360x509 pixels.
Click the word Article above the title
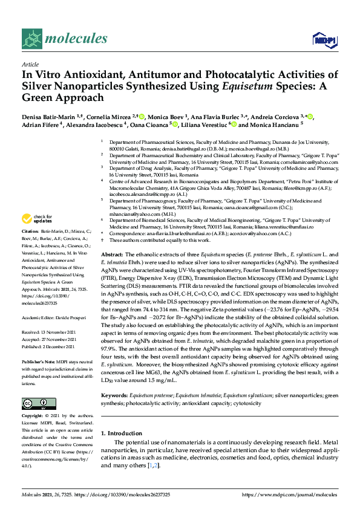pos(30,64)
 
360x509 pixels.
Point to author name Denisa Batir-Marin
pos(48,116)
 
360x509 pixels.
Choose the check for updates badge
pos(37,218)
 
